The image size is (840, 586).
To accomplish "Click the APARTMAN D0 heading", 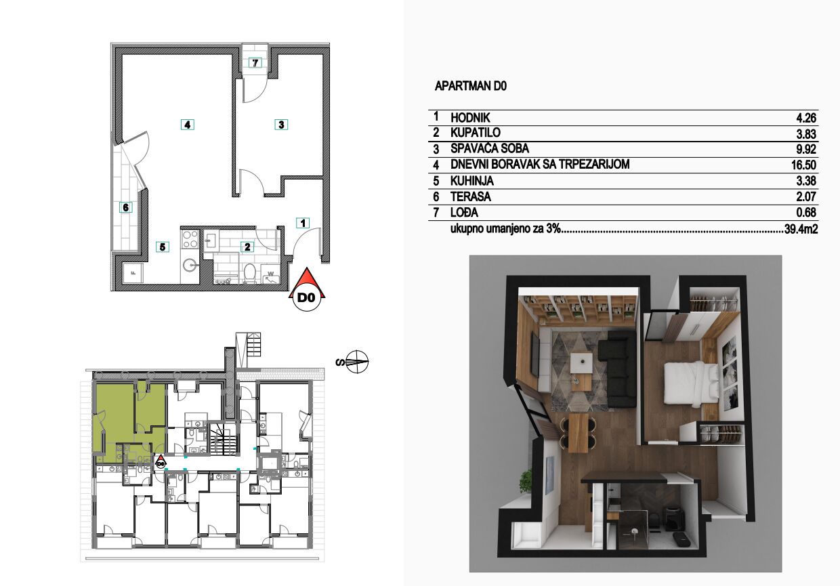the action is click(x=470, y=86).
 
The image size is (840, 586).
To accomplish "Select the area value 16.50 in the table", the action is click(x=803, y=165).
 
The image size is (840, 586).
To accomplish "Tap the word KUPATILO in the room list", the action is click(x=475, y=133).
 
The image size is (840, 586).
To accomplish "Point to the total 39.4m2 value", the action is click(x=801, y=229).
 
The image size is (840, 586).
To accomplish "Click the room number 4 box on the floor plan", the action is click(x=187, y=125).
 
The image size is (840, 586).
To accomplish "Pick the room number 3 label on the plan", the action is click(x=281, y=125).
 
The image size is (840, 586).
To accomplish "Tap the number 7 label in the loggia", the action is click(x=255, y=62).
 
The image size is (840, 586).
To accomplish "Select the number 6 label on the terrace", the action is click(x=125, y=207).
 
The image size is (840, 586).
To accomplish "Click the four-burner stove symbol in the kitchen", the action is click(x=190, y=239).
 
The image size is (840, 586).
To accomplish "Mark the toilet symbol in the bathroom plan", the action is click(x=250, y=273).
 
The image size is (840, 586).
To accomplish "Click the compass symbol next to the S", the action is click(x=357, y=362).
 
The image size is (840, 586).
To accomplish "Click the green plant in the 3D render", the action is click(x=526, y=481).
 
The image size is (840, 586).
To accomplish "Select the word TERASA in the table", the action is click(x=471, y=196).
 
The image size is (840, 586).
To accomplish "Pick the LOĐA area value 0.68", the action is click(x=806, y=213).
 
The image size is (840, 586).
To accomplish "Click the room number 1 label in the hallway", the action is click(x=303, y=223).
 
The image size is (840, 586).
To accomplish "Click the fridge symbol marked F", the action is click(x=133, y=272).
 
